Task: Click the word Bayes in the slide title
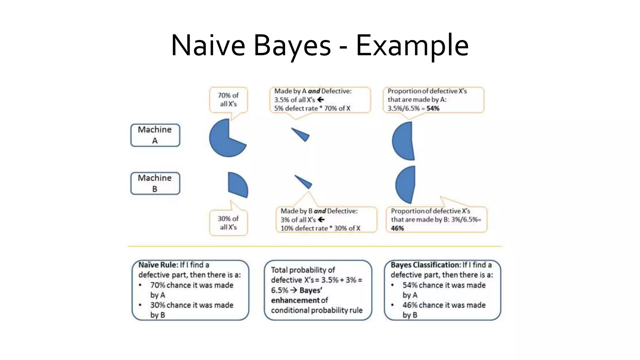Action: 292,46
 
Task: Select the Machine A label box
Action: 155,135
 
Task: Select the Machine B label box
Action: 155,183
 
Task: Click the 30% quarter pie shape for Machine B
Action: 237,185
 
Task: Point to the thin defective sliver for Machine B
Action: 304,182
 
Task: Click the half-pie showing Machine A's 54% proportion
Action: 403,141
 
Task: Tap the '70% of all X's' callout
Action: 228,100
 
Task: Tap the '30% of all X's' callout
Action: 228,223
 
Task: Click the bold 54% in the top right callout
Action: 433,108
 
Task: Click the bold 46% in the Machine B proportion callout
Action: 397,228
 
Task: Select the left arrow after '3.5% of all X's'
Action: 321,100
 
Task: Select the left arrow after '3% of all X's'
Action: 321,220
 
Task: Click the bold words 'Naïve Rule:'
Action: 158,265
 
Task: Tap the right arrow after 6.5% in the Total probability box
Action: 293,290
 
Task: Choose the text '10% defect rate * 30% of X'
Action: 320,228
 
